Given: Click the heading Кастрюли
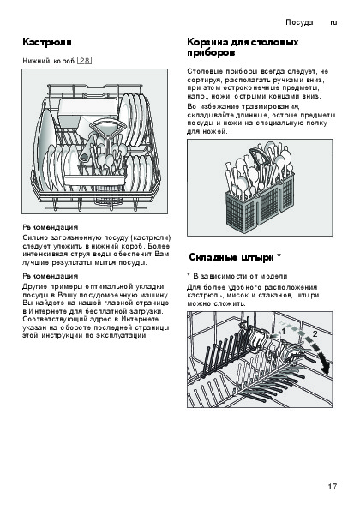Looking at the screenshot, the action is (x=47, y=42).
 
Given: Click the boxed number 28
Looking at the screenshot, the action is (x=84, y=61).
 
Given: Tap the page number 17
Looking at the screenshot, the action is (x=333, y=487).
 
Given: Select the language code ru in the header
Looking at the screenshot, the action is (x=333, y=22).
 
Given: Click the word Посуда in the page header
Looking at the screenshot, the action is (x=299, y=22).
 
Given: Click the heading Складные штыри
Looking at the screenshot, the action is (x=231, y=258).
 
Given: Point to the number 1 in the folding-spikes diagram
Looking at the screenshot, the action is (x=283, y=332).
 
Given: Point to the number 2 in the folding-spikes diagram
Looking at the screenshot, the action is (x=315, y=333).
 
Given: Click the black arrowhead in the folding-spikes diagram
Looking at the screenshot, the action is (x=325, y=366).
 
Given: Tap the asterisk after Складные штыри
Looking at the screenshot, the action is (x=279, y=256).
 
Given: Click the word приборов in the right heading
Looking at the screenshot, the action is (x=211, y=52).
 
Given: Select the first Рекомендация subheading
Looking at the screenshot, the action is (x=50, y=227).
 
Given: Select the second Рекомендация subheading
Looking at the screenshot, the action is (x=50, y=276).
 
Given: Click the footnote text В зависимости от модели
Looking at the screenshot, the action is (x=240, y=276).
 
